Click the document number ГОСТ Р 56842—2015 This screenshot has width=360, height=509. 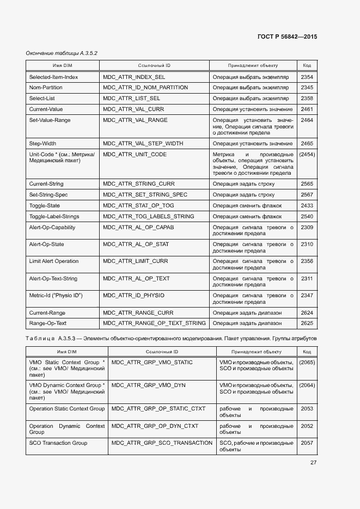pos(286,36)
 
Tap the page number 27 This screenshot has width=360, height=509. pos(313,463)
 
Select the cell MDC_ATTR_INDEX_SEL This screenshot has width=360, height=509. pos(134,77)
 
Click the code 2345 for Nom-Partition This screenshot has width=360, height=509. pos(307,88)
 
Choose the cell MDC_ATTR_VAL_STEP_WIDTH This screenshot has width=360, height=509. pos(143,144)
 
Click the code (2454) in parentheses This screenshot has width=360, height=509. pos(307,155)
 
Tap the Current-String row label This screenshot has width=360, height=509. pos(46,184)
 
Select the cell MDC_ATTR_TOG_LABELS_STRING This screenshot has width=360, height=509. pos(148,217)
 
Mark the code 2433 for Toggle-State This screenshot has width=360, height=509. pos(307,206)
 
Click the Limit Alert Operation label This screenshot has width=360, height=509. pos(54,261)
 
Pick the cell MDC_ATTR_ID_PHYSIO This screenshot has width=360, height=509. pos(133,295)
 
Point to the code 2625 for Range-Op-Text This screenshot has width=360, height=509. pos(307,323)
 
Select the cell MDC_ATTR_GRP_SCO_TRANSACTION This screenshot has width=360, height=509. pos(162,443)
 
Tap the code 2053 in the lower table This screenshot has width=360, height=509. pos(307,409)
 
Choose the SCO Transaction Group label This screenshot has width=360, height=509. pos(58,443)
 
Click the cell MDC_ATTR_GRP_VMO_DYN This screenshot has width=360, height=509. pos(149,385)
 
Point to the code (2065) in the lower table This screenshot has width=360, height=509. pos(307,363)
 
